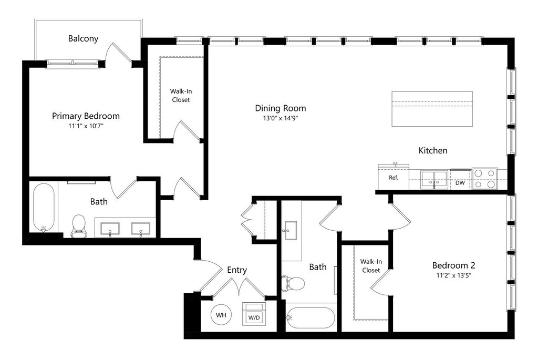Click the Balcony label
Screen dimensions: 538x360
point(83,38)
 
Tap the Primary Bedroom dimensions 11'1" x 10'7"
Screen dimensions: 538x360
point(86,127)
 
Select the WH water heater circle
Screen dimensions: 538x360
point(221,315)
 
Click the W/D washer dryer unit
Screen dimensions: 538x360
point(254,314)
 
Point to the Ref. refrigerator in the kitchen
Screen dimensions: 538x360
point(394,177)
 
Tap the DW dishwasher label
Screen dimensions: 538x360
point(460,183)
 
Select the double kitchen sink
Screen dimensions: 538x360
point(434,179)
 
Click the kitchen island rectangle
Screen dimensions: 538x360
point(432,109)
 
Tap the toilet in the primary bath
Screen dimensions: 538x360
point(79,225)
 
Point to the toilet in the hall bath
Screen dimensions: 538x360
point(293,283)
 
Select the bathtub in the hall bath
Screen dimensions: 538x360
point(311,317)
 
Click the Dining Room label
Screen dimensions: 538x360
point(280,108)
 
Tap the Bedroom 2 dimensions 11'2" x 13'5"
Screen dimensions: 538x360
point(453,275)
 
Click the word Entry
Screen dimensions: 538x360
point(237,270)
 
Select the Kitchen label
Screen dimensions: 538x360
point(432,151)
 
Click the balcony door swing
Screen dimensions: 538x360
point(118,53)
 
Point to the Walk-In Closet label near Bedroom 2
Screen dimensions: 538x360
point(370,265)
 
